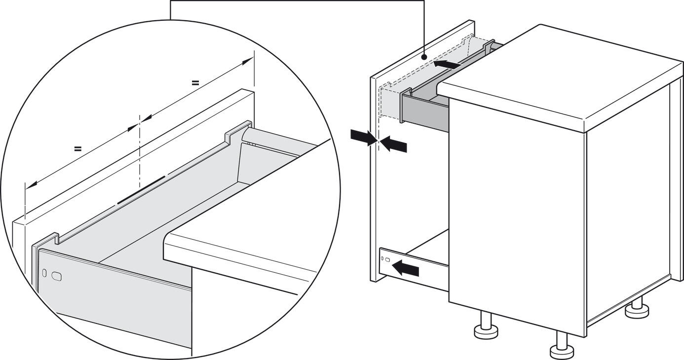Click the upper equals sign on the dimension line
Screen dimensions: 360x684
click(x=195, y=83)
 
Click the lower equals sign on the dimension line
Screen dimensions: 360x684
click(x=77, y=148)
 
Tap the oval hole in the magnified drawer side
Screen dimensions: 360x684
click(x=57, y=276)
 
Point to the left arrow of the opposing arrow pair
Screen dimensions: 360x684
click(x=363, y=137)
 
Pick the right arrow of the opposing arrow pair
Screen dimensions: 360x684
click(x=394, y=144)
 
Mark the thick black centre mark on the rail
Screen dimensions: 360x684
click(x=141, y=189)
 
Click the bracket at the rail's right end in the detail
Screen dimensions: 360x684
click(x=239, y=131)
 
